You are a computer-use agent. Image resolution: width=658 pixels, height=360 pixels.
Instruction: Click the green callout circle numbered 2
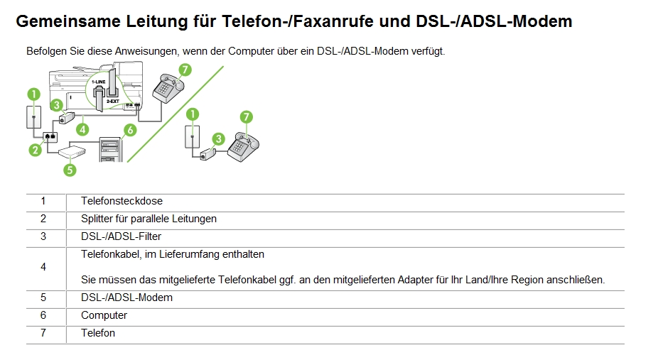tap(34, 149)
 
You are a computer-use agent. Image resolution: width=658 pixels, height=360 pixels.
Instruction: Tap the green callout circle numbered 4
tap(83, 129)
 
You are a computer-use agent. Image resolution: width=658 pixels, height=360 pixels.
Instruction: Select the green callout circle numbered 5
tap(69, 170)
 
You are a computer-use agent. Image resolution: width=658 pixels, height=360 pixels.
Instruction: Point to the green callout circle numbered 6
tap(129, 129)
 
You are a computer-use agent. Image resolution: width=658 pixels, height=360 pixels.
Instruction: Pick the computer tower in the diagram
tap(111, 148)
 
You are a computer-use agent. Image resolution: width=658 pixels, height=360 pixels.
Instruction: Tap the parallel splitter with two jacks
tap(50, 136)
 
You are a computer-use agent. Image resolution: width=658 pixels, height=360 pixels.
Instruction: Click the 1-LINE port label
tap(99, 82)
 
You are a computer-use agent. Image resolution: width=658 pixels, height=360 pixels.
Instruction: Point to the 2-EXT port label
tap(112, 102)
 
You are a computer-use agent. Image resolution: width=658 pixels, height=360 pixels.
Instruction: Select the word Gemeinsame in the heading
tap(68, 21)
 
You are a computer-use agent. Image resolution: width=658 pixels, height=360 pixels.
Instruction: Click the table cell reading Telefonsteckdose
tap(112, 201)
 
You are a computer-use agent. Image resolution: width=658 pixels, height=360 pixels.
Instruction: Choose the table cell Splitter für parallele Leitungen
tap(149, 219)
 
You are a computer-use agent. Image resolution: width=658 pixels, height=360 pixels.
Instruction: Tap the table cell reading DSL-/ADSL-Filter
tap(116, 236)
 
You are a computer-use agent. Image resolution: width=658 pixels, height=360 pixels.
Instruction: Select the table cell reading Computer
tap(104, 315)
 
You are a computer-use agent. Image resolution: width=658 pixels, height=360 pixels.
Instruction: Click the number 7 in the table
tap(43, 333)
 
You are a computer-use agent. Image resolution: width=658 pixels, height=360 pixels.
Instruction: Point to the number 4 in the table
tap(43, 267)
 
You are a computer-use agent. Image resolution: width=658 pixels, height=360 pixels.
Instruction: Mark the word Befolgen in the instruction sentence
tap(46, 51)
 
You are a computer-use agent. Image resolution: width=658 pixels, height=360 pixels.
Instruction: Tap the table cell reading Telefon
tap(98, 333)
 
